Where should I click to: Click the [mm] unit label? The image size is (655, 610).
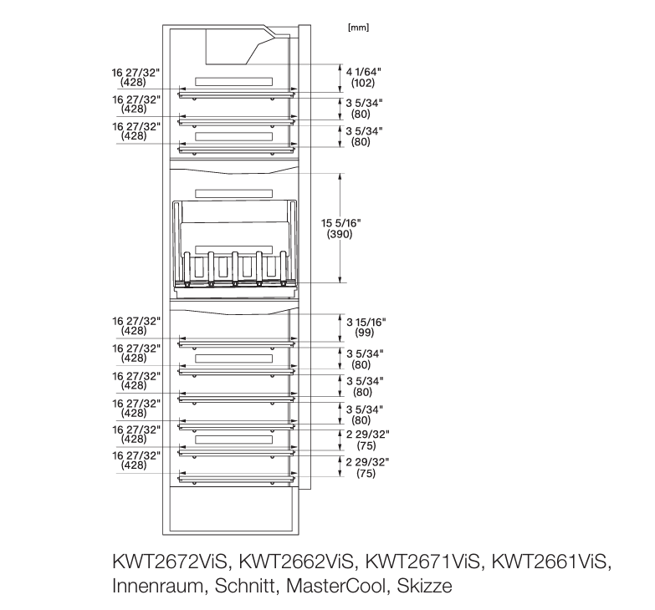[358, 28]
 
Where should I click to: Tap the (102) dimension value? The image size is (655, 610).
[362, 83]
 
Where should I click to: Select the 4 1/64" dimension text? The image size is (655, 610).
[363, 72]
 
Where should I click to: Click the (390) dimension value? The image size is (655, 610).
[340, 234]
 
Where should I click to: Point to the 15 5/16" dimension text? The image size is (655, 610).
[340, 223]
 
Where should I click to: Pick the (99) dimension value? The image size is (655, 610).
[364, 333]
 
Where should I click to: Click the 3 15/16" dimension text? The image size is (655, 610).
[366, 322]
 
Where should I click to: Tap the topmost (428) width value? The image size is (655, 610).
[133, 83]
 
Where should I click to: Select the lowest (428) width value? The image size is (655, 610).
[134, 465]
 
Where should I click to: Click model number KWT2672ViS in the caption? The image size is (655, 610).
[169, 562]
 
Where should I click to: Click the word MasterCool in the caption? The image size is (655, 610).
[335, 586]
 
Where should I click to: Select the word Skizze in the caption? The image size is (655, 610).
[424, 586]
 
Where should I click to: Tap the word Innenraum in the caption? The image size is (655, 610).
[157, 586]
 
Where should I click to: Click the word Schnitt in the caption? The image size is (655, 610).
[244, 586]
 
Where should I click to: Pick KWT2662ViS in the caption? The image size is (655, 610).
[296, 562]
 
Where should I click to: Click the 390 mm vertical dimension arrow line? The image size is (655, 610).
[340, 228]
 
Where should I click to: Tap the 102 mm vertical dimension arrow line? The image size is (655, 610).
[340, 78]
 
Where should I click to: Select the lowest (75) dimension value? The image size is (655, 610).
[366, 474]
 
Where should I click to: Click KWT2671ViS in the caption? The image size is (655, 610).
[422, 562]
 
